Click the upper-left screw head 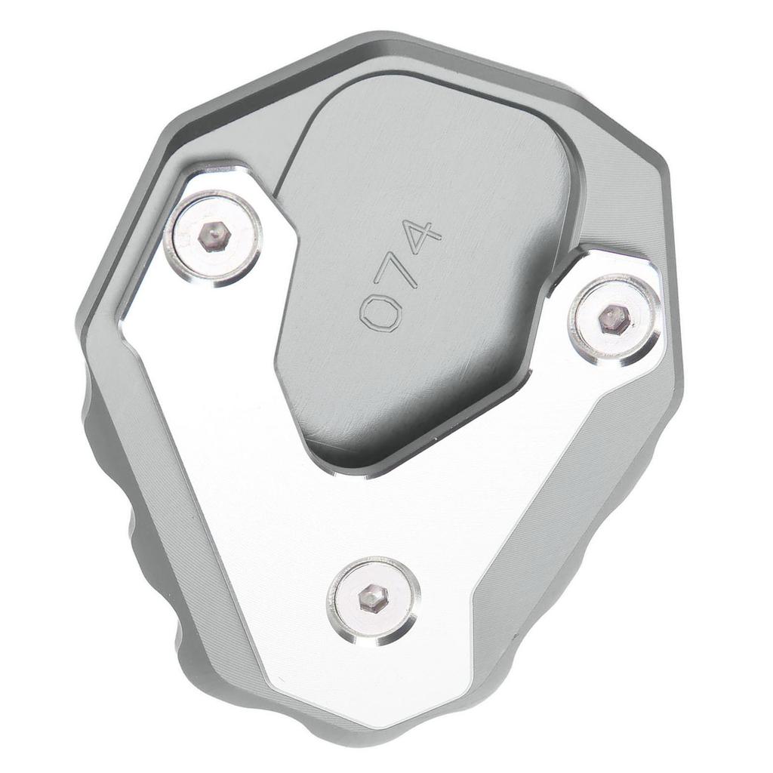214,238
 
